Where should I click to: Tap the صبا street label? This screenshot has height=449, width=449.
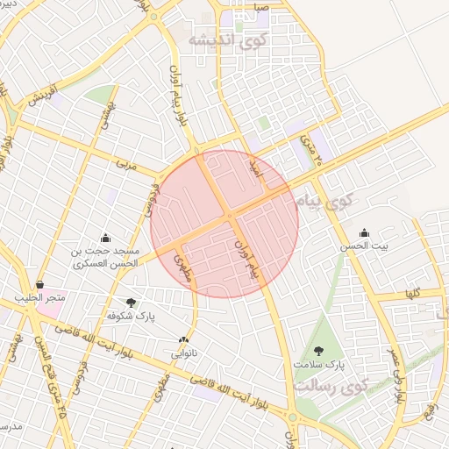click(261, 8)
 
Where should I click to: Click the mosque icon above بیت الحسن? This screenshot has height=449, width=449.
click(365, 233)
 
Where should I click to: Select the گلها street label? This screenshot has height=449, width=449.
click(413, 293)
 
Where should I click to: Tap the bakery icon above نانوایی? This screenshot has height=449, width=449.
click(183, 339)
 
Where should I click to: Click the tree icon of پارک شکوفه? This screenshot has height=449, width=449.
click(131, 303)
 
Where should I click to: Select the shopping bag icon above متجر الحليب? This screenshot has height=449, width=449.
click(40, 284)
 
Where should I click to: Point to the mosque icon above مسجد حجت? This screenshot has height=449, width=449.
click(106, 237)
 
